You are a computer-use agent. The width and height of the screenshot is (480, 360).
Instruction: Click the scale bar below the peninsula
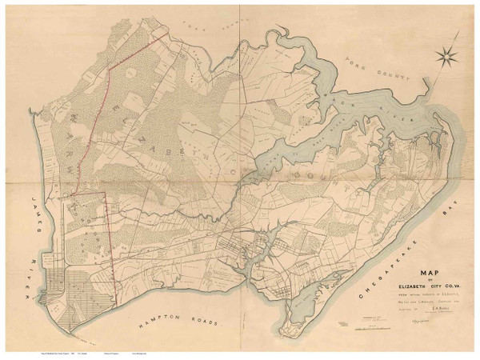pyautogui.click(x=367, y=319)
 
